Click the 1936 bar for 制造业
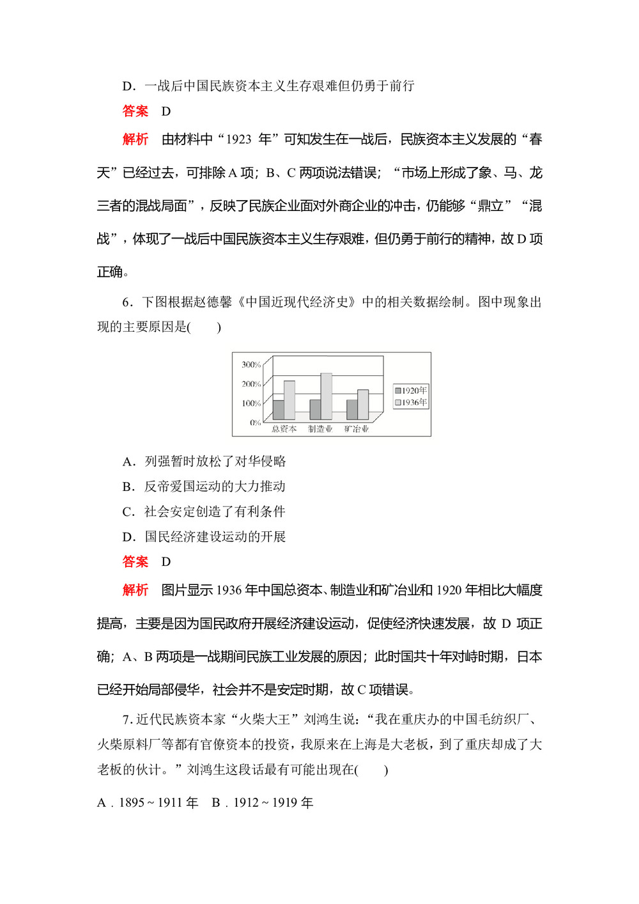[326, 396]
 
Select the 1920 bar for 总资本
[278, 409]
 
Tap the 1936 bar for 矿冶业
[363, 404]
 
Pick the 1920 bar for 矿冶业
[351, 409]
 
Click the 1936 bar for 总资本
[289, 400]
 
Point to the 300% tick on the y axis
[251, 365]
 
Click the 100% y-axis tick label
[251, 403]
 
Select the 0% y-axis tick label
[255, 423]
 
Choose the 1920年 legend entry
[411, 391]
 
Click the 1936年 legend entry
[411, 403]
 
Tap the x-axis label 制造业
[320, 429]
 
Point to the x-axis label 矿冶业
[357, 429]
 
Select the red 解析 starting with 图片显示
[135, 589]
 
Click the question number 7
[127, 720]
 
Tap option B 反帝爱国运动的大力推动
[204, 487]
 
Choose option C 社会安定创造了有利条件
[204, 511]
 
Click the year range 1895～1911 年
[158, 803]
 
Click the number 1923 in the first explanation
[238, 139]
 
